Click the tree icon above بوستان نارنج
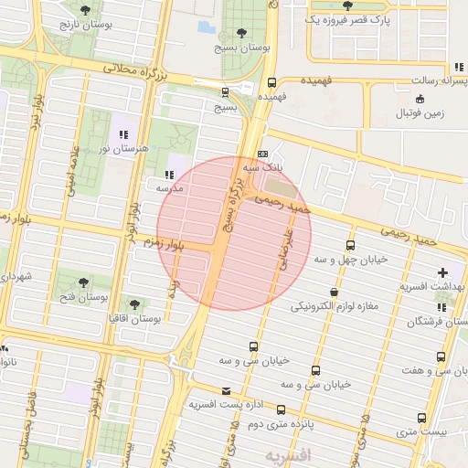click(x=85, y=10)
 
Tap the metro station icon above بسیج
click(x=226, y=91)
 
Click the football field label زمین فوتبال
click(x=420, y=114)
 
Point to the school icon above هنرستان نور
click(x=123, y=135)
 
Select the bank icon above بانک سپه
click(x=263, y=154)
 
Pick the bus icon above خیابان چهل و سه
click(x=350, y=245)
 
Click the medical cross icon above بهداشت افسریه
click(x=443, y=272)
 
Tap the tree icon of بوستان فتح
click(x=84, y=282)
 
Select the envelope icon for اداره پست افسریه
click(x=226, y=391)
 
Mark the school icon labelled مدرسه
click(x=168, y=174)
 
